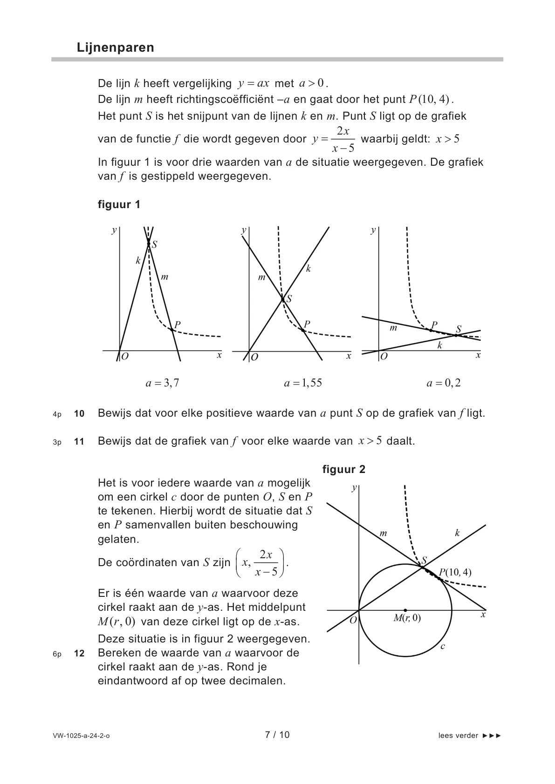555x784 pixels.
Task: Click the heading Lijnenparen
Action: click(x=116, y=47)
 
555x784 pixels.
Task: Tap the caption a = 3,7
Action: click(x=162, y=383)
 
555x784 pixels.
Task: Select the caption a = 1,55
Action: click(x=303, y=383)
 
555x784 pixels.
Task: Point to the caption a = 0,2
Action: click(x=444, y=383)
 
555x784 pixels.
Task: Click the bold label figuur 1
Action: click(x=119, y=204)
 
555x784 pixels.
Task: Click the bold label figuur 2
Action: click(x=344, y=469)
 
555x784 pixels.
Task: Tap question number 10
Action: click(x=79, y=413)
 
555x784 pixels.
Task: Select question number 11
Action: click(x=79, y=441)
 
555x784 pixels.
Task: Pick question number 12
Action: click(x=79, y=653)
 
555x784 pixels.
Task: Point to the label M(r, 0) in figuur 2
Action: click(x=407, y=618)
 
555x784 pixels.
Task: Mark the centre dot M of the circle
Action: click(x=405, y=610)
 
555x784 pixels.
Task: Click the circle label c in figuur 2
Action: click(x=443, y=646)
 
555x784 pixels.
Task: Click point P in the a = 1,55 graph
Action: click(x=303, y=330)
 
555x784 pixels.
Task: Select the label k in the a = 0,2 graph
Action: click(x=439, y=345)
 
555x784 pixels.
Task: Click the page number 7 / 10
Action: click(x=277, y=735)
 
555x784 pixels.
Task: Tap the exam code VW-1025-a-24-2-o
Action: click(x=82, y=736)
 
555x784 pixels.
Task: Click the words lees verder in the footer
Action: click(x=458, y=736)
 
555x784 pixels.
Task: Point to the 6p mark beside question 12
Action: click(x=57, y=654)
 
